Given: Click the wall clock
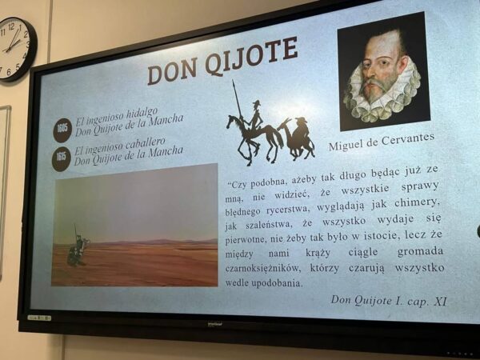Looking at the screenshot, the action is coord(16,49).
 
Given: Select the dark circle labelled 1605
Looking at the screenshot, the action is coord(62,130).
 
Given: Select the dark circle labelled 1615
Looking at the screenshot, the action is coord(62,158).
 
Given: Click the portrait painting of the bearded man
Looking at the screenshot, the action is coord(383,72).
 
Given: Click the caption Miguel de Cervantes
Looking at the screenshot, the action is coord(382,142).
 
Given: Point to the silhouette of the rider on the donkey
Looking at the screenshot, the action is coord(297,138).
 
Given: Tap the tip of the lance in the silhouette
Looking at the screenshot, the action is coord(234,80).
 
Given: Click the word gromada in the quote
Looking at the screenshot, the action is coord(420,252).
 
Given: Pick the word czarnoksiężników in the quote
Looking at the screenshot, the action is coord(262,269).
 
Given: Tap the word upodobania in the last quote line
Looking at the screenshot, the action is coord(277,283).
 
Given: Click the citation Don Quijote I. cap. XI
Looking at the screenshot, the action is coord(389,300).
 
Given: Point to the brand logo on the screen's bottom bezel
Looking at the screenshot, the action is coord(215,323).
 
